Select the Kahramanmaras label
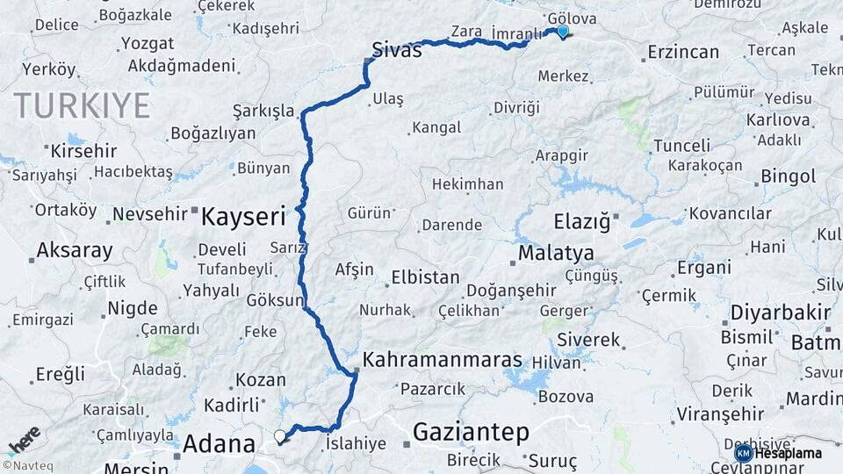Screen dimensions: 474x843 click(x=442, y=360)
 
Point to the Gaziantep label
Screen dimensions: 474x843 click(x=471, y=431)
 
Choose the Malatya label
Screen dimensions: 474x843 click(x=555, y=253)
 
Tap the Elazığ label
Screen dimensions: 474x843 click(x=581, y=220)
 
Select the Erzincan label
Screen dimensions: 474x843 click(x=683, y=53)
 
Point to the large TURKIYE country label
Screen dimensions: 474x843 click(x=82, y=106)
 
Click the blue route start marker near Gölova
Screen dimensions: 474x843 click(x=562, y=32)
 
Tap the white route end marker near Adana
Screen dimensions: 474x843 click(x=280, y=435)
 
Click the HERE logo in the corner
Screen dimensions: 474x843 click(x=24, y=440)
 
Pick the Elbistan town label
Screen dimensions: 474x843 click(x=425, y=277)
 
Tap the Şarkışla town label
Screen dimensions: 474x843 click(x=263, y=111)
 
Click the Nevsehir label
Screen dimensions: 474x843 click(x=150, y=213)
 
